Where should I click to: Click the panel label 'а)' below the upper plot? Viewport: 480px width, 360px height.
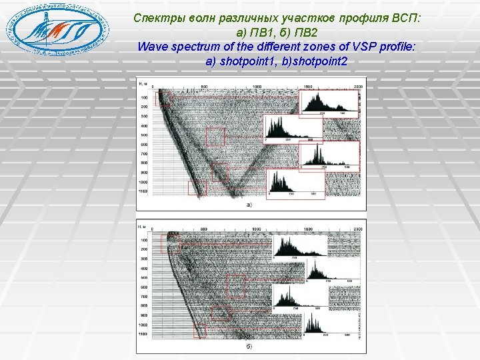(249, 205)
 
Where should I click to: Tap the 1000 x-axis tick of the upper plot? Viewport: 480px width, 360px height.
(257, 87)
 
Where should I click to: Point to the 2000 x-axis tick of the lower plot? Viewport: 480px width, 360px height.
(359, 229)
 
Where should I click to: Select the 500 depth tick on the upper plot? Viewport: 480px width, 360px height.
(143, 135)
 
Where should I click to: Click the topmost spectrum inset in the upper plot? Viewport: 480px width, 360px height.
(329, 103)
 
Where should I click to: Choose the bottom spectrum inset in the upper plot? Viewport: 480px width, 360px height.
(294, 183)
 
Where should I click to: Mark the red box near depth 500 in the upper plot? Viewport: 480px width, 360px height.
(215, 136)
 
